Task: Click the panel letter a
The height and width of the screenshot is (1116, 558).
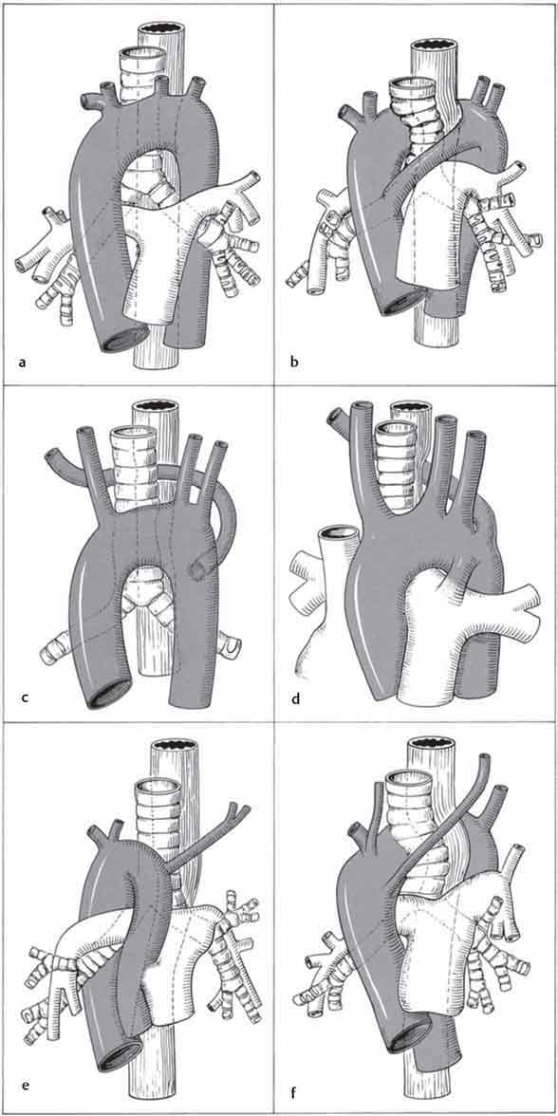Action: (24, 363)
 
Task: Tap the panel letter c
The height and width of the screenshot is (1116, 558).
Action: (25, 697)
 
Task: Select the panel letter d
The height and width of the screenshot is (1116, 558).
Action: (296, 697)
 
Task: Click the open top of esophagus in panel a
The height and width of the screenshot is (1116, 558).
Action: (161, 31)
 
